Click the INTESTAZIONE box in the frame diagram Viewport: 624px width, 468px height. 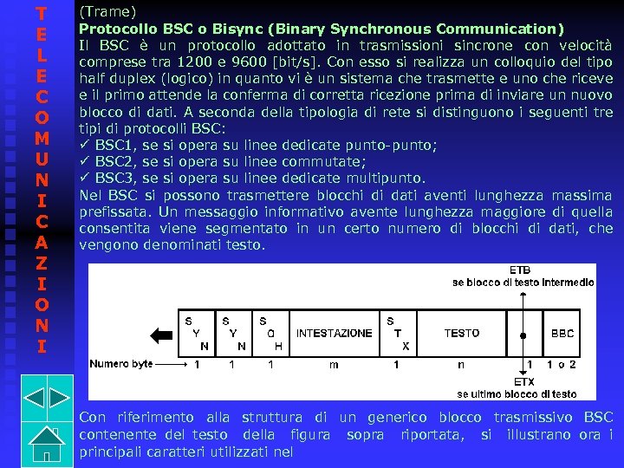(334, 333)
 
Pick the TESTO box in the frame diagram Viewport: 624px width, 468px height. (462, 333)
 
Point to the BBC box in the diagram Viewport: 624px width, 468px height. (562, 333)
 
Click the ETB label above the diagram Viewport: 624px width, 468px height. (520, 270)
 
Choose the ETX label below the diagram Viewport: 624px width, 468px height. (523, 381)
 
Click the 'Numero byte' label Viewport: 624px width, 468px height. (121, 365)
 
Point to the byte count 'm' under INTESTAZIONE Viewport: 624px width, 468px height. (334, 365)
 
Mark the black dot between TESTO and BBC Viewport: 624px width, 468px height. (523, 335)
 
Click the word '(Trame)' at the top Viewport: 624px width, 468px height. (107, 11)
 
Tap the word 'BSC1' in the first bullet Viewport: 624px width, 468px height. (112, 145)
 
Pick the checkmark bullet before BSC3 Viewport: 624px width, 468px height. (85, 178)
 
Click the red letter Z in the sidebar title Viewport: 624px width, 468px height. (41, 262)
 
